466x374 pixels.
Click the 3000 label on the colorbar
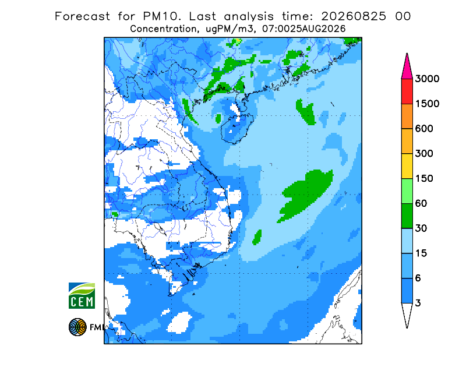coord(427,79)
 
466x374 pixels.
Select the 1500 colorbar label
coord(427,104)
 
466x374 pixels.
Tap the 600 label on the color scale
coord(424,129)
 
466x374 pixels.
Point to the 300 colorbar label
coord(424,154)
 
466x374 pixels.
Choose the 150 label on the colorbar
coord(424,179)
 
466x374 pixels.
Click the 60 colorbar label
coord(421,204)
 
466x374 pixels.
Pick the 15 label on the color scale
coord(421,253)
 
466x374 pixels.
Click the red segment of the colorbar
coord(407,91)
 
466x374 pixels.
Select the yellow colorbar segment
coord(407,166)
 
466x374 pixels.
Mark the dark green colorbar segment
coord(407,216)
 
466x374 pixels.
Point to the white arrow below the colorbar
coord(407,313)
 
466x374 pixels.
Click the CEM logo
coord(82,295)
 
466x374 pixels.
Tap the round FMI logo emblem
coord(77,327)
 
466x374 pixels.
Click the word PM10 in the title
coord(162,16)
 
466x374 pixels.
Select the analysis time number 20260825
coord(354,16)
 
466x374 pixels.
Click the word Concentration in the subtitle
coord(164,29)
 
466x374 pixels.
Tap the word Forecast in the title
coord(82,16)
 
